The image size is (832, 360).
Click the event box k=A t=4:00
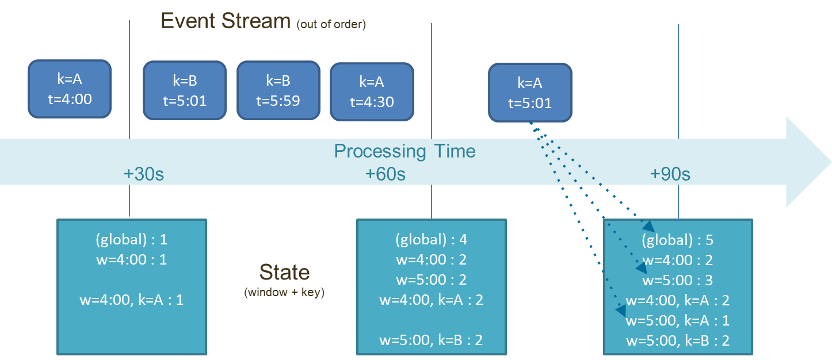(70, 89)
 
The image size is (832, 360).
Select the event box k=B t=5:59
(278, 90)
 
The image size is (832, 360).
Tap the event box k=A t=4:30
(372, 91)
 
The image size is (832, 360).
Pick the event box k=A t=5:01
(530, 93)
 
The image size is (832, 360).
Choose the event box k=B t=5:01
(185, 90)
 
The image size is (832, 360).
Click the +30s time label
(144, 174)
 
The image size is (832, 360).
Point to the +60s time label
(385, 174)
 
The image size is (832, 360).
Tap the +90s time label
(670, 174)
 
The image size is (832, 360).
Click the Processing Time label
(404, 151)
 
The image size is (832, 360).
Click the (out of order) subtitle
(331, 25)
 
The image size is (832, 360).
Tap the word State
(284, 272)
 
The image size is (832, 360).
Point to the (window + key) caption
(284, 293)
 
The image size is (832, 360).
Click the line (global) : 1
(132, 240)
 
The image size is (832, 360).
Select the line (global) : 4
(431, 240)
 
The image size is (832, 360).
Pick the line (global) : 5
(677, 240)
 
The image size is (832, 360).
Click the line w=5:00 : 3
(677, 280)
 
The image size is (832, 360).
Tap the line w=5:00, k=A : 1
(677, 321)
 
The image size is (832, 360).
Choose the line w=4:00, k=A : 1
(132, 300)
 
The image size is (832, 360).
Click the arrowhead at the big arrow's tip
(830, 162)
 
